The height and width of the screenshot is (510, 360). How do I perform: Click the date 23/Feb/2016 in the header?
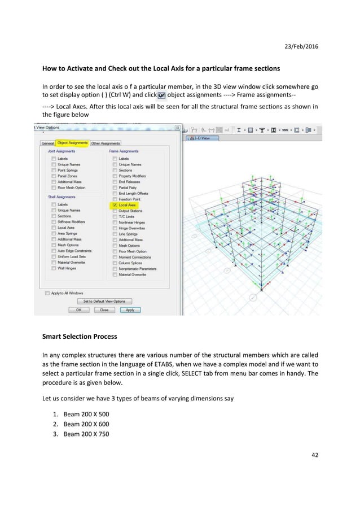click(300, 45)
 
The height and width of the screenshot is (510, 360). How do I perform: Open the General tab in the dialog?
click(47, 143)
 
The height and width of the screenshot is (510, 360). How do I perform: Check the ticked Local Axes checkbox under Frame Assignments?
click(115, 205)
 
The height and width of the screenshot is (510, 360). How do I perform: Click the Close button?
click(104, 310)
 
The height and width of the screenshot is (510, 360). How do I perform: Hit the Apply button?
click(130, 310)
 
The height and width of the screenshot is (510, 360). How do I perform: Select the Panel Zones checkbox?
click(54, 176)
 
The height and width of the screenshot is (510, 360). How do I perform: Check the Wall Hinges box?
click(54, 268)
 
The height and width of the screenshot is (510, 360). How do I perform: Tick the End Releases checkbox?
click(115, 182)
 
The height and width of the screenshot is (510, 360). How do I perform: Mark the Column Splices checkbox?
click(115, 263)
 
